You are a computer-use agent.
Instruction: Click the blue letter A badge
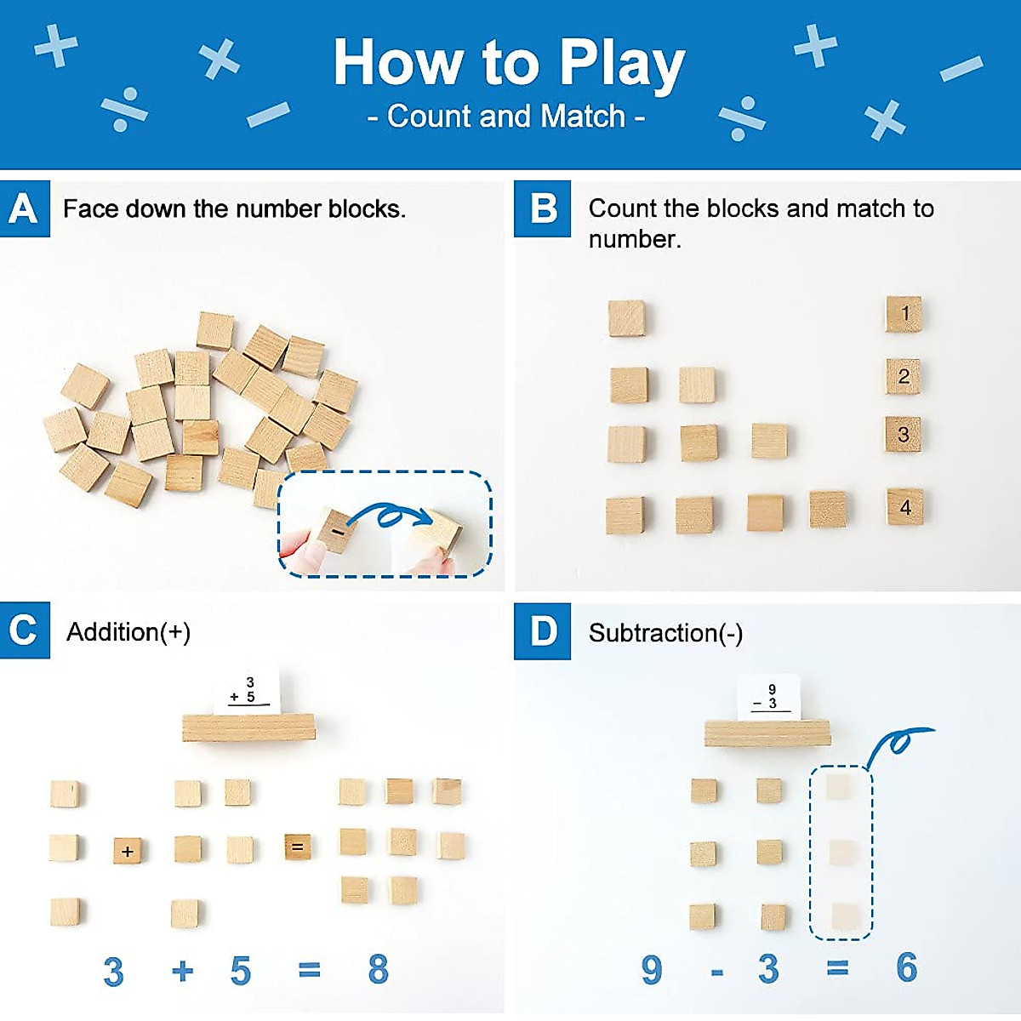pos(25,208)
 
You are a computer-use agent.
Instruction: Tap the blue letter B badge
pos(542,208)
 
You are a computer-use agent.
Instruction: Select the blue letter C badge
pos(25,630)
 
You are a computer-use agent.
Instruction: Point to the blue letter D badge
pos(542,631)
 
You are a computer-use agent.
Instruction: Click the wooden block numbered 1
pos(904,314)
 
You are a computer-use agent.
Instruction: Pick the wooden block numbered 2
pos(904,376)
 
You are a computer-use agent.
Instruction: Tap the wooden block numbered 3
pos(904,435)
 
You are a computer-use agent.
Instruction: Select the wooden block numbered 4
pos(904,507)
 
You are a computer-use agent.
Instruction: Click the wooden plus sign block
pos(128,850)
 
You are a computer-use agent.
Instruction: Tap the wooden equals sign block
pos(297,847)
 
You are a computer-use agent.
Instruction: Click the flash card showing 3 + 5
pos(246,693)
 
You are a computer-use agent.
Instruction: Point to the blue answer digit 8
pos(378,969)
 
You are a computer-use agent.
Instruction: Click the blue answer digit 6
pos(906,967)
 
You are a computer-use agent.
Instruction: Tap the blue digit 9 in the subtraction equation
pos(652,969)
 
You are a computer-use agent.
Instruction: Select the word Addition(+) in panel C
pos(128,632)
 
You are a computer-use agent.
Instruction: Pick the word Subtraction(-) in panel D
pos(665,633)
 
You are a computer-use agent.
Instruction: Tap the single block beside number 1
pos(626,318)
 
